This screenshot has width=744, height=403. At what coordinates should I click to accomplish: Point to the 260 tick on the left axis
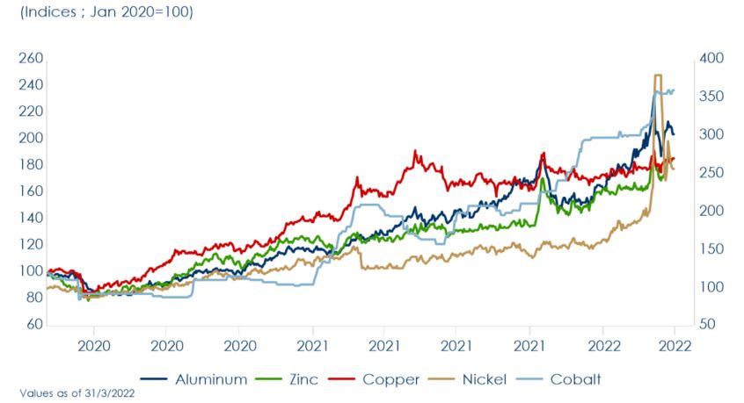(31, 59)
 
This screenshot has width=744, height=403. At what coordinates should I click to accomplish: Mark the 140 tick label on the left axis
(31, 219)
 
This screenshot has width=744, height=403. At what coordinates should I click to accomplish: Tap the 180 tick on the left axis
(31, 165)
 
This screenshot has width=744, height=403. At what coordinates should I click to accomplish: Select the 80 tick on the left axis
(33, 299)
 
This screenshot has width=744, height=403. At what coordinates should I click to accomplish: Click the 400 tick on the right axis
(709, 59)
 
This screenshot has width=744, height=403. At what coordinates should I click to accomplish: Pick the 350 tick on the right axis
(709, 97)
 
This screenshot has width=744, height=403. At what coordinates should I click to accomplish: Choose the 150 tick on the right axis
(709, 249)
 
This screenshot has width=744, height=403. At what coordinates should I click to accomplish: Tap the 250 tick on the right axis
(709, 173)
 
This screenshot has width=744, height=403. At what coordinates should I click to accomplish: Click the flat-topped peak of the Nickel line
(657, 76)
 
